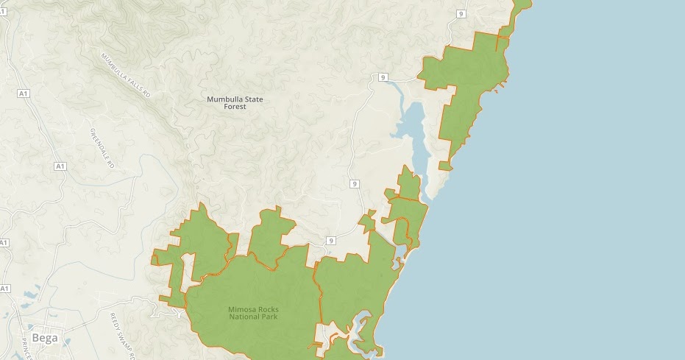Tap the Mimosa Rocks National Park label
point(253,314)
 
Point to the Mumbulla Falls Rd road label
point(125,75)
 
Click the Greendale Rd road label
point(102,149)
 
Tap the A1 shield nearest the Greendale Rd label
point(60,167)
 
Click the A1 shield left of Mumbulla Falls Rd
point(24,93)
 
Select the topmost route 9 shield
point(461,14)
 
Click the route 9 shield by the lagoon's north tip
point(383,77)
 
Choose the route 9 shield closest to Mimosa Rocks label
point(331,241)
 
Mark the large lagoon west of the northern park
point(413,129)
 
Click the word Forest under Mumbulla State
point(235,107)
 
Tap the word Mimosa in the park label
point(243,309)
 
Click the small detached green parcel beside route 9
point(367,219)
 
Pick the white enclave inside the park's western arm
point(188,265)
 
